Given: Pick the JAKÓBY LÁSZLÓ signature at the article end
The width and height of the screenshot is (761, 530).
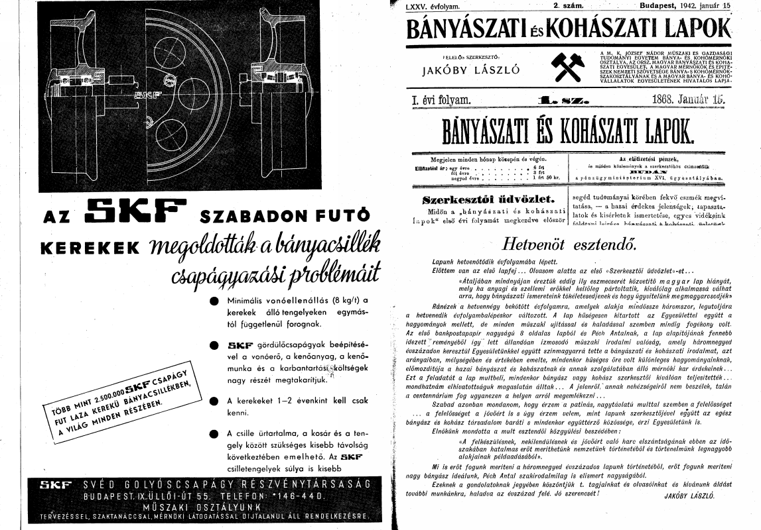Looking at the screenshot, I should coord(689,496).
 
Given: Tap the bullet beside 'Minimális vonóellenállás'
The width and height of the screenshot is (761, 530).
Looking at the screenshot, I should coord(214,301).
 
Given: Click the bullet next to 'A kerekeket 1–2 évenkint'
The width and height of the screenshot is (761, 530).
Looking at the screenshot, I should coord(214,401).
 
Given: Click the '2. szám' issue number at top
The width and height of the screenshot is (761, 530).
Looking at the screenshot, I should coord(568,5).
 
